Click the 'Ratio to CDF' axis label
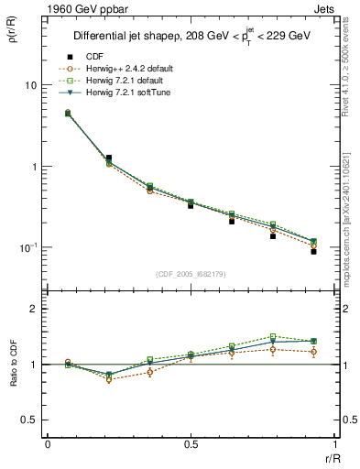[12, 364]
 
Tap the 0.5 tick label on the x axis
[191, 444]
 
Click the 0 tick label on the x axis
[48, 444]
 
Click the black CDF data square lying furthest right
[313, 251]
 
